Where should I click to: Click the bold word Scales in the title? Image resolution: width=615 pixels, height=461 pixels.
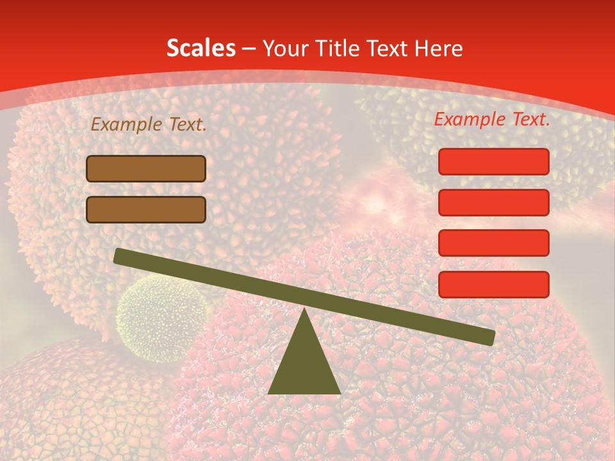point(201,49)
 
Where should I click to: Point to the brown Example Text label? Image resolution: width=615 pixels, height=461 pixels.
point(149,125)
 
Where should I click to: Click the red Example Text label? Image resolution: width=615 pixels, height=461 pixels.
point(492,119)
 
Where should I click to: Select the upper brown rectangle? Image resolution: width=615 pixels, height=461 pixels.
point(146,169)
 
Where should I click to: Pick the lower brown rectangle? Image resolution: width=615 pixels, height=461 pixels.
point(146,209)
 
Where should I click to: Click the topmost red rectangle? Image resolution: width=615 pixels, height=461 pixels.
point(494,161)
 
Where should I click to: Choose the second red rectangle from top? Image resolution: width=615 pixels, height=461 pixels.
point(494,202)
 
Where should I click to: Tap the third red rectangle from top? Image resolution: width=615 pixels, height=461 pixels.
point(494,243)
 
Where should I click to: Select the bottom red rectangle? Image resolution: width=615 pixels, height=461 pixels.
point(494,284)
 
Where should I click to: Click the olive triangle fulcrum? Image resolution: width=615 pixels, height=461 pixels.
point(304,365)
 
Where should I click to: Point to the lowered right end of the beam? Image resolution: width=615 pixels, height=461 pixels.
point(489,337)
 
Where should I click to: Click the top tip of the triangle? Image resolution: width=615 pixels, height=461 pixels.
point(305,311)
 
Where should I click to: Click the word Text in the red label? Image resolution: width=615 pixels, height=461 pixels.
point(529,119)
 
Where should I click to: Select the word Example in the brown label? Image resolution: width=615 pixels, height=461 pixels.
point(126,125)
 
